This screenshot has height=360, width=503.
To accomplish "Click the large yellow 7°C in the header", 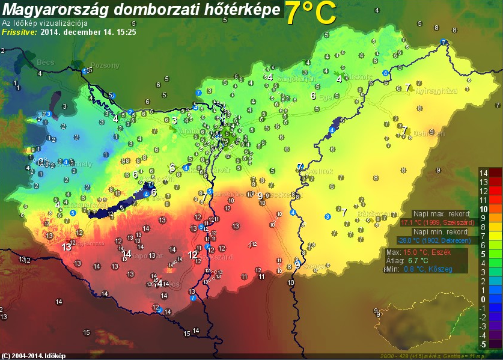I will click(309, 13).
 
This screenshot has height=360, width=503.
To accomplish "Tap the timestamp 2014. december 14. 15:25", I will click(88, 32).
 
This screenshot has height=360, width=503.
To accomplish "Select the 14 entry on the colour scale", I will click(483, 173).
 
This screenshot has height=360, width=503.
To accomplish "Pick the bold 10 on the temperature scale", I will click(483, 209).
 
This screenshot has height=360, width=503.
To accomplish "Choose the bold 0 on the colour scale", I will click(483, 299).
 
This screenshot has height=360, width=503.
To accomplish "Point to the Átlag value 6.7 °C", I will click(417, 260).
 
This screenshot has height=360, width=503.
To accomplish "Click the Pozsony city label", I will click(105, 66).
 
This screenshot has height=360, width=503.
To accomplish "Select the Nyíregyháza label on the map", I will click(437, 91).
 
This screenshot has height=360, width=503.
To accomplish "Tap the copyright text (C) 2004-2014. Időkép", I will click(34, 355).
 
